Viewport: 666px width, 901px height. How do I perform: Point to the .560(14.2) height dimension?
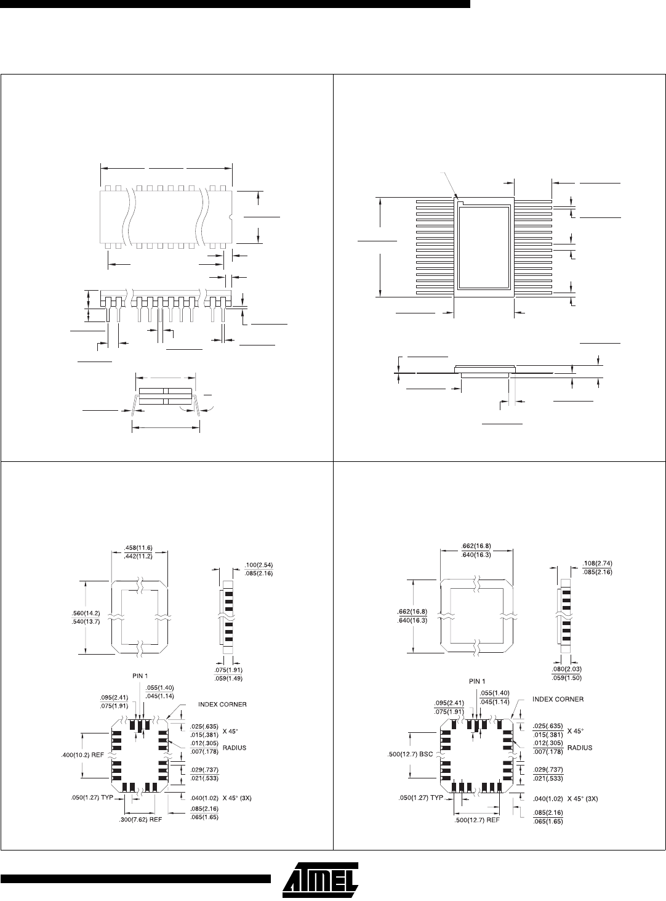pyautogui.click(x=86, y=613)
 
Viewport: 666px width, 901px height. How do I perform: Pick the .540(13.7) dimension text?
pyautogui.click(x=86, y=621)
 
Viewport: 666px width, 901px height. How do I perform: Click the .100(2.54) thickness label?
pyautogui.click(x=259, y=565)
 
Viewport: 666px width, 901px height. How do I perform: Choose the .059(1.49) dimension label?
pyautogui.click(x=228, y=679)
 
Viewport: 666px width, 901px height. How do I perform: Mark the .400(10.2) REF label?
pyautogui.click(x=82, y=755)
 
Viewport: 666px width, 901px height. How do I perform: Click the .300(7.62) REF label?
pyautogui.click(x=140, y=820)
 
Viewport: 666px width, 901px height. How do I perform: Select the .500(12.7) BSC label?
pyautogui.click(x=410, y=754)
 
